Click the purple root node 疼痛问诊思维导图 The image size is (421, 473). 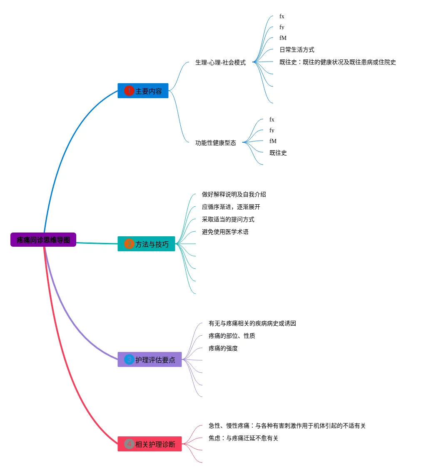click(43, 240)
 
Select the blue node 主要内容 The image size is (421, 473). click(143, 91)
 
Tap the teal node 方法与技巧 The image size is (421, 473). click(146, 244)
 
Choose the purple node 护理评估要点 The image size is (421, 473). click(149, 359)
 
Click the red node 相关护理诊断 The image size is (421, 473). click(149, 444)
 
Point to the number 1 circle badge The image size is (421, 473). click(129, 91)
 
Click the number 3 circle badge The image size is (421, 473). click(129, 359)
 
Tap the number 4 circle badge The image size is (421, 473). click(129, 444)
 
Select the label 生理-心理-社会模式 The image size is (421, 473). click(220, 62)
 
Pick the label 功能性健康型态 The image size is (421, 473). click(216, 143)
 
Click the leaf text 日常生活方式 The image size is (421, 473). click(296, 50)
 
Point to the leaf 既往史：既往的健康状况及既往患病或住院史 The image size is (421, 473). click(337, 62)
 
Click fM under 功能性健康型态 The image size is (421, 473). click(273, 141)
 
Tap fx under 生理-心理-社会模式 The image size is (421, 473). click(282, 17)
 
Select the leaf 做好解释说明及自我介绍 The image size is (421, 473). click(234, 194)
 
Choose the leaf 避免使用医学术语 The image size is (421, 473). click(225, 232)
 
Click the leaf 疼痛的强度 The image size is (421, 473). click(223, 348)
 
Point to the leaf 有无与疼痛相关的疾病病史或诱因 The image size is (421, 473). click(252, 323)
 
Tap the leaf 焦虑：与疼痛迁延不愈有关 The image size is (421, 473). click(243, 438)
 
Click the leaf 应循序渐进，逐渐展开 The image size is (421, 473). click(231, 207)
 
